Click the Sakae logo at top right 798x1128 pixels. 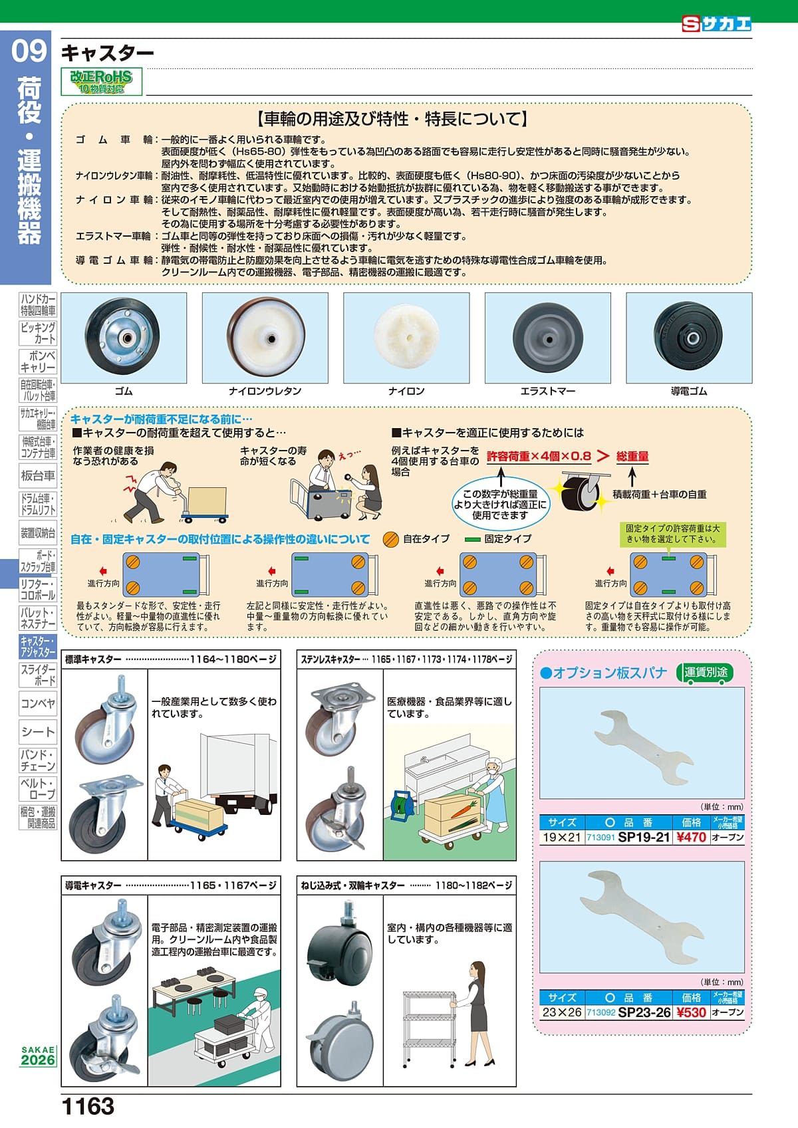coord(716,24)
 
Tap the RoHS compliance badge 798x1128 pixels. coord(102,82)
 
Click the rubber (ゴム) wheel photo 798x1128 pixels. coord(123,337)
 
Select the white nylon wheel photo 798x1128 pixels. coord(406,337)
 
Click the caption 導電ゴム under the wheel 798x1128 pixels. coord(689,392)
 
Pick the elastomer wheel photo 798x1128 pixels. coord(547,337)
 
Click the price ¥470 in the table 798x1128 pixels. coord(691,838)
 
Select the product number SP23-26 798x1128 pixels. coord(644,1012)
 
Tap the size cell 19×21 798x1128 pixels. coord(561,838)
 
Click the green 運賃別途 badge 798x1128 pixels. coord(706,672)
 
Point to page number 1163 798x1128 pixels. coord(87,1107)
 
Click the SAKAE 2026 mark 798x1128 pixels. coord(38,1056)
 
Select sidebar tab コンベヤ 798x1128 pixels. coord(38,703)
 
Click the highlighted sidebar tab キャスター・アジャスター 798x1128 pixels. coord(38,646)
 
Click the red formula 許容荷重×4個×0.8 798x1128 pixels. coord(539,456)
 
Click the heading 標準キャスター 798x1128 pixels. coord(93,659)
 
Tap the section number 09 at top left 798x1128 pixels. coord(29,52)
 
